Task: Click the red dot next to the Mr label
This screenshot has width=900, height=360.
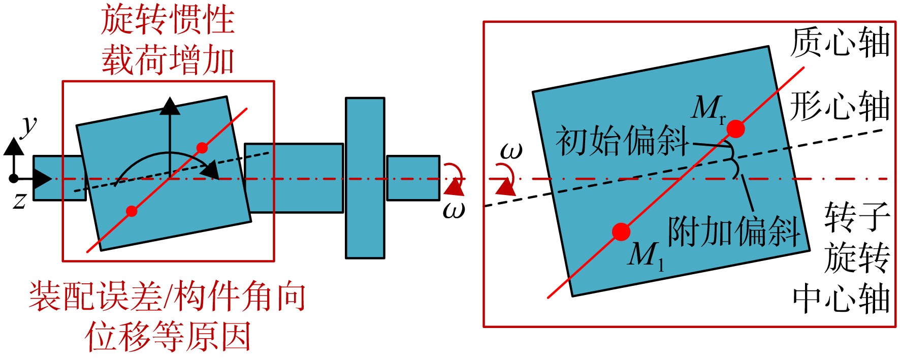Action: click(735, 129)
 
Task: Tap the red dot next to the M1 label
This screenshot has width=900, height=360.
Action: click(621, 232)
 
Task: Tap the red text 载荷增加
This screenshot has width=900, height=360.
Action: click(168, 59)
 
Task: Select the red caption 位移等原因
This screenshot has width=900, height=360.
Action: click(168, 336)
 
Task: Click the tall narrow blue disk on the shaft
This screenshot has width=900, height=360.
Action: click(365, 178)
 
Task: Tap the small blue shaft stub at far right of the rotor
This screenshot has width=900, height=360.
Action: click(413, 178)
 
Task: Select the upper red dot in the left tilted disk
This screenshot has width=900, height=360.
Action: click(202, 148)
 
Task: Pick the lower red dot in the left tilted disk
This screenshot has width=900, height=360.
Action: click(132, 211)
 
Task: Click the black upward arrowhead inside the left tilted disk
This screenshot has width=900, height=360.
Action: click(170, 106)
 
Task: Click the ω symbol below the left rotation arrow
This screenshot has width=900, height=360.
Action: click(454, 209)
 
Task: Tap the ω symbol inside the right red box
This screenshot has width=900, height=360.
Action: click(511, 151)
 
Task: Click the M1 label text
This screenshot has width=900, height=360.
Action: click(646, 255)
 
